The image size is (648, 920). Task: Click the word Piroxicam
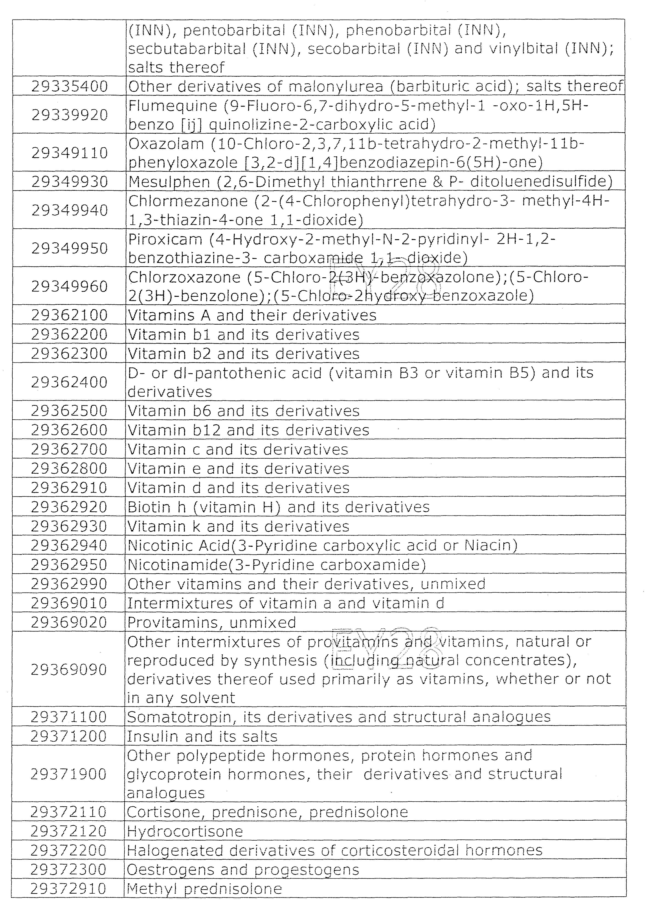pos(165,239)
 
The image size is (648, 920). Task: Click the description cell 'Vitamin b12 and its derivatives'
pos(248,430)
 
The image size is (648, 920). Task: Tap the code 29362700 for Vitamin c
pos(69,449)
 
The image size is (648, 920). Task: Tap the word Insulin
pos(146,736)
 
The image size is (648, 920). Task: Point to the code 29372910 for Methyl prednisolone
pos(68,889)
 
